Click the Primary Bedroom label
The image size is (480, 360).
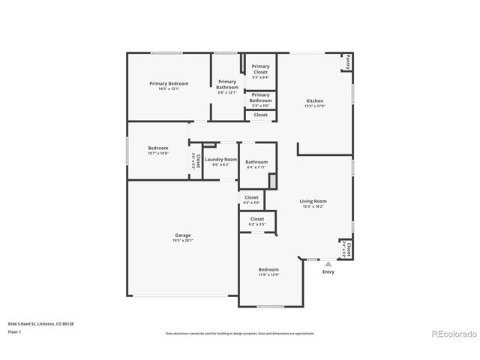[x=169, y=83]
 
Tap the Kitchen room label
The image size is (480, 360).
[x=314, y=100]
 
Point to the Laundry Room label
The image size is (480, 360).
[x=220, y=159]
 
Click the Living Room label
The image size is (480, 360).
[x=313, y=201]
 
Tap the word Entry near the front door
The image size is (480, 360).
[x=328, y=271]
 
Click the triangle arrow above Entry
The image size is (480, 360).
[x=328, y=263]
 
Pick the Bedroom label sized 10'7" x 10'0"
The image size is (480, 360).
[x=157, y=148]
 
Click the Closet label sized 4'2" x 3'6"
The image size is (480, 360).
[x=251, y=197]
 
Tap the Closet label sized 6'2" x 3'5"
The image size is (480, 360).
[x=256, y=219]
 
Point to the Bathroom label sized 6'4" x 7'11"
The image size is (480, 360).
[x=256, y=161]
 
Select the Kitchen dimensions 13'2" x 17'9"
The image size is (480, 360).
[x=314, y=106]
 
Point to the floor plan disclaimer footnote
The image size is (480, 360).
[x=240, y=333]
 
